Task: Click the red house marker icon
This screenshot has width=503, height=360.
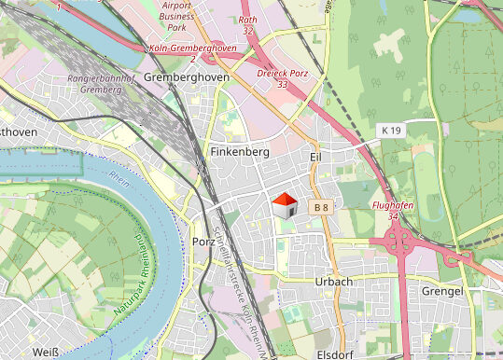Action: pyautogui.click(x=285, y=204)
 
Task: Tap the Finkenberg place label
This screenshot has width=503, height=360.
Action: pyautogui.click(x=240, y=151)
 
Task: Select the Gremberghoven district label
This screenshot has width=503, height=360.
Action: pyautogui.click(x=188, y=77)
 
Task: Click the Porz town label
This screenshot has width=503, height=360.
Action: pyautogui.click(x=203, y=242)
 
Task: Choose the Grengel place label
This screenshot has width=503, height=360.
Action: pyautogui.click(x=442, y=292)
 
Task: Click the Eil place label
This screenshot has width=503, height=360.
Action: pyautogui.click(x=315, y=158)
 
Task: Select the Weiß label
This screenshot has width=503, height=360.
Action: pyautogui.click(x=45, y=352)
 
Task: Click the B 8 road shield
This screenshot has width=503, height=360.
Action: pyautogui.click(x=321, y=206)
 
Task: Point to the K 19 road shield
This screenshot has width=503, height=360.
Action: pyautogui.click(x=390, y=131)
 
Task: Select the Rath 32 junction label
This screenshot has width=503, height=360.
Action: pyautogui.click(x=247, y=24)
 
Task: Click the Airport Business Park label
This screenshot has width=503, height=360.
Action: pyautogui.click(x=177, y=16)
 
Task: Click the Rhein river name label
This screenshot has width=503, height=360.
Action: pyautogui.click(x=119, y=175)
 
